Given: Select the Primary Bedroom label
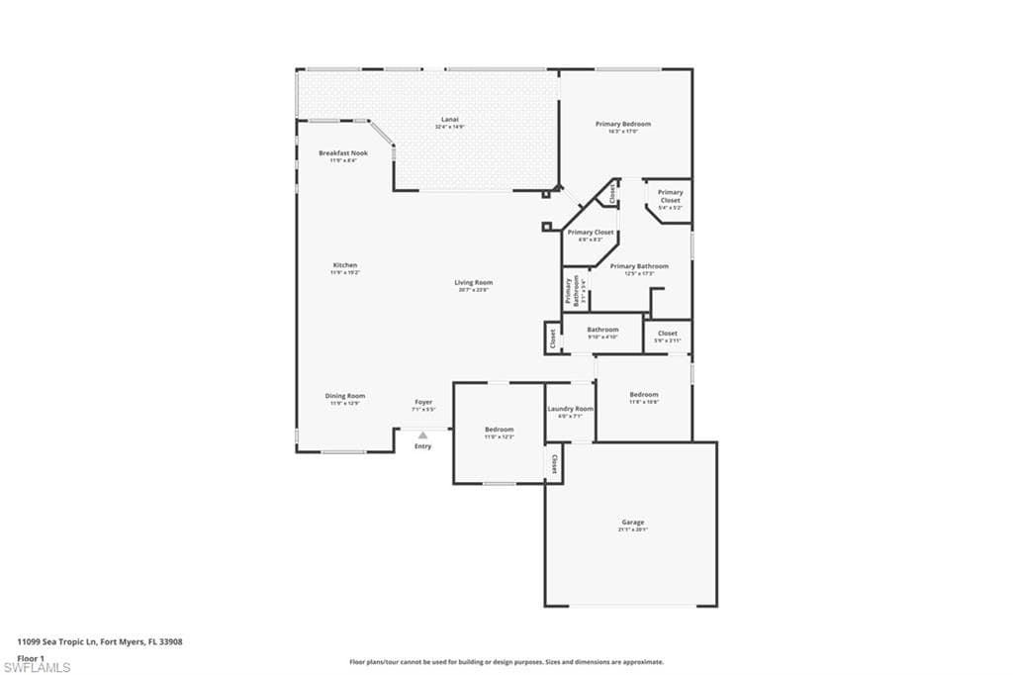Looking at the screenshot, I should click(x=623, y=124).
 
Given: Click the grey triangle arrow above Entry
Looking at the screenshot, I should click(x=423, y=434).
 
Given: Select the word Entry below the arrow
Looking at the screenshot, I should click(x=423, y=446).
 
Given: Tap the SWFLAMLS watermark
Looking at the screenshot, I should click(x=37, y=667).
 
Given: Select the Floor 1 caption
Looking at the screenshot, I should click(x=32, y=657).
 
